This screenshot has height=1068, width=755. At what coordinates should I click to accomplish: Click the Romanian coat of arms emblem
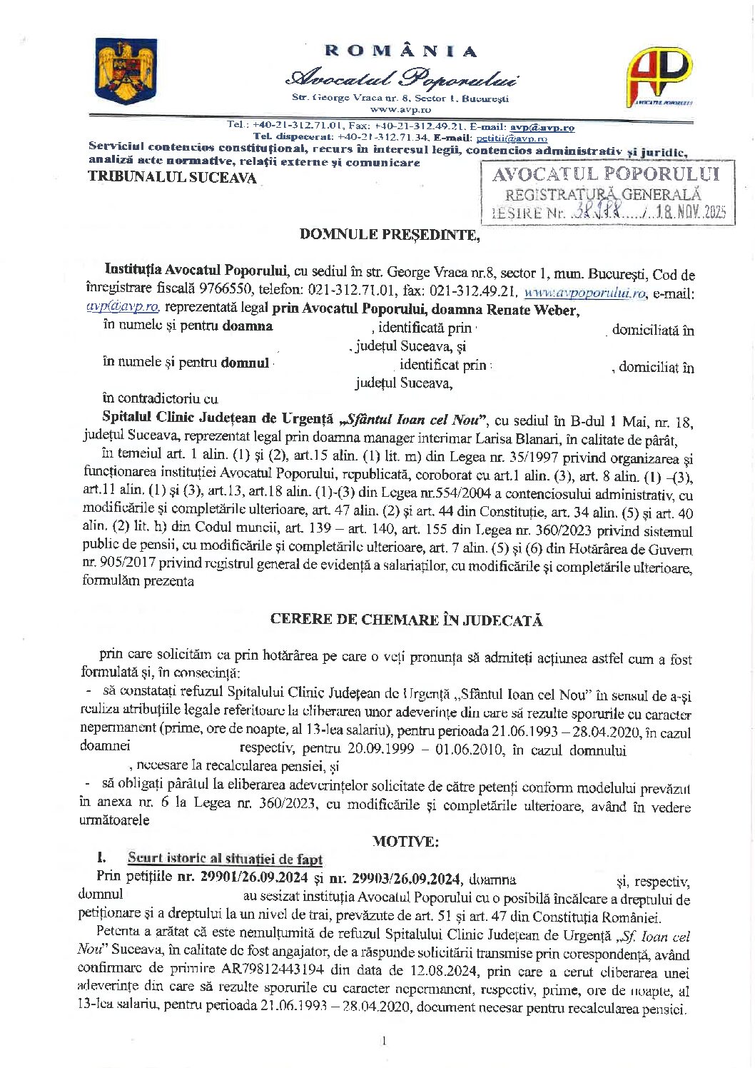point(126,73)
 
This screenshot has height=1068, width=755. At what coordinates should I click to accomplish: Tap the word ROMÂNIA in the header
point(400,51)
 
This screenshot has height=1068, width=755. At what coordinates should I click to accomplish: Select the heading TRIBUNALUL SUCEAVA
point(172,178)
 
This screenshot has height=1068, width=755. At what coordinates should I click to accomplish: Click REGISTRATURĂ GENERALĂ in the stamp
point(603,193)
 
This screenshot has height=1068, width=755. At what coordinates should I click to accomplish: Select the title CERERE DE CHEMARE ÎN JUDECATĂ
point(406,620)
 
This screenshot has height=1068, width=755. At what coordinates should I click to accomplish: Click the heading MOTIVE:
point(405,840)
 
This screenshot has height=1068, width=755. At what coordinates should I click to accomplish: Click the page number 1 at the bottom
point(384,1040)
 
